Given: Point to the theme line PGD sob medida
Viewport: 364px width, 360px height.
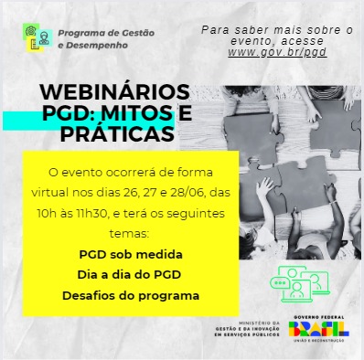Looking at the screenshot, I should tap(129, 252).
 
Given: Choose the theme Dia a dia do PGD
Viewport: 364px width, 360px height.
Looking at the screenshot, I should tap(129, 274).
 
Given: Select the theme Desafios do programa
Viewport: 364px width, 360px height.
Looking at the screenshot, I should tap(130, 295).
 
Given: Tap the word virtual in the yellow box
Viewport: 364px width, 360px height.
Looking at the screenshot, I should tap(64, 193).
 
